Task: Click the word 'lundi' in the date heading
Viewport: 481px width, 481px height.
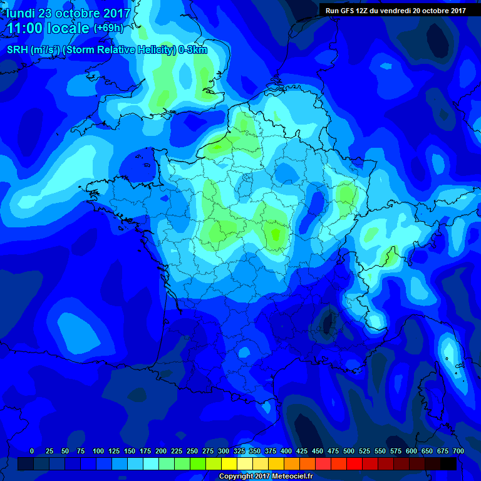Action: (x=23, y=13)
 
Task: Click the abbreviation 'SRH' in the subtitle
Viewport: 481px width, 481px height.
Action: (x=18, y=50)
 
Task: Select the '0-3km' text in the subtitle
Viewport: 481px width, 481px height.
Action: (x=193, y=50)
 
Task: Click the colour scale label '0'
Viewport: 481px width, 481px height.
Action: (x=32, y=451)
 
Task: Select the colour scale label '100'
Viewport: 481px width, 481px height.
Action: (x=98, y=451)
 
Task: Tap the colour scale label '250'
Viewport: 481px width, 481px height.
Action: (x=192, y=451)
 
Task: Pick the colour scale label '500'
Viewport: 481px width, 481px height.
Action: (x=349, y=451)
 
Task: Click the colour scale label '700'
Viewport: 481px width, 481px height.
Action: (x=458, y=451)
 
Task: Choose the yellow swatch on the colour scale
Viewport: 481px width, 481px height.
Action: (x=230, y=463)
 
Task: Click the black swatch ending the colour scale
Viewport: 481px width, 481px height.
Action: (x=448, y=463)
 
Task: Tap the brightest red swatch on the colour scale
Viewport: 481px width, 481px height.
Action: (x=354, y=463)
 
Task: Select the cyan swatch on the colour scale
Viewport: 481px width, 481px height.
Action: (x=151, y=463)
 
